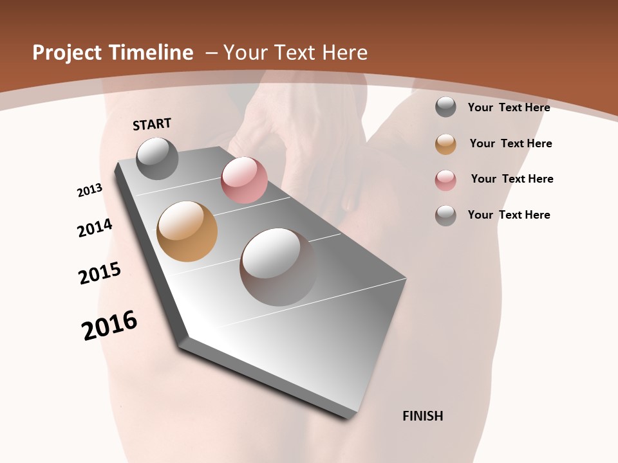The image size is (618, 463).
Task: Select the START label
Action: tap(152, 124)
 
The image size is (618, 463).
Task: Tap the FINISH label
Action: tap(423, 416)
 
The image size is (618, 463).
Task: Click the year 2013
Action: tap(89, 190)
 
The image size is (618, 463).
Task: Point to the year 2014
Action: tap(95, 228)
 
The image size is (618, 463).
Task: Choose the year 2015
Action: tap(100, 273)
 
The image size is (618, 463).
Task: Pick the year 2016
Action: tap(109, 325)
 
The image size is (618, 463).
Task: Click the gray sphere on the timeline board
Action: tap(157, 158)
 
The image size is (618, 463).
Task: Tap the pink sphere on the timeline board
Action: tap(244, 180)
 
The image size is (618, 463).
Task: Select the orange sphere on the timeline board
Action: tap(187, 232)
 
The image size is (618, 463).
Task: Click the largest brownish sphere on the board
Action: tap(278, 267)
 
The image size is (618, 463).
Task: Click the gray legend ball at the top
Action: tap(445, 107)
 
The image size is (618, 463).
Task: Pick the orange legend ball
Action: tap(445, 144)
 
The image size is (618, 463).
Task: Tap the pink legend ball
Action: tap(445, 180)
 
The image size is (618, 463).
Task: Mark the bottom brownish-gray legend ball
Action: tap(445, 215)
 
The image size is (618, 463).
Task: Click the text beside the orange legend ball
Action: tap(510, 143)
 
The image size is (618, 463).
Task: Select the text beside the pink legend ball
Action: tap(512, 179)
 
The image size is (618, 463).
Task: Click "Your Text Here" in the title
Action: tap(295, 53)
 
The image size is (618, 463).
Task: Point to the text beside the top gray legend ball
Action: tap(509, 107)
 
